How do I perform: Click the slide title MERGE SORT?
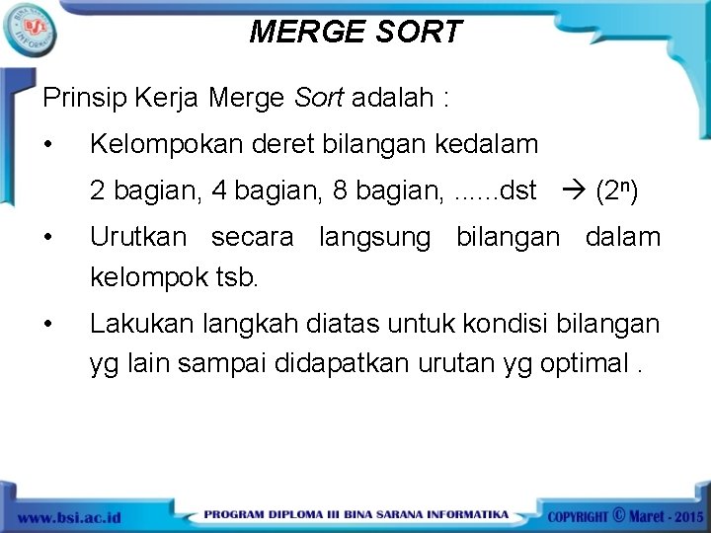coord(355,32)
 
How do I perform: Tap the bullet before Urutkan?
coord(49,238)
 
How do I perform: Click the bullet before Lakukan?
coord(49,324)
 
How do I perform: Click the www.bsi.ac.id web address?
coord(69,517)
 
